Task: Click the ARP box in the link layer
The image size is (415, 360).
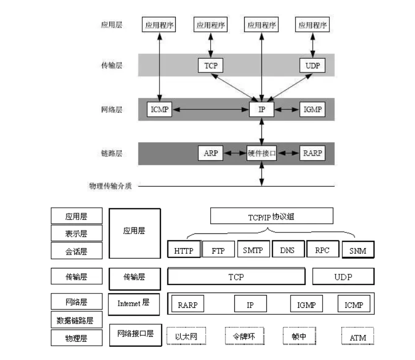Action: point(210,153)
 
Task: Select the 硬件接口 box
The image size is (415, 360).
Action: point(261,153)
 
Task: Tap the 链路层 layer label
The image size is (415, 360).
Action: point(111,154)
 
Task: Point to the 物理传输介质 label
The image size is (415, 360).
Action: point(111,186)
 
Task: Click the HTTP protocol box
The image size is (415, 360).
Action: point(184,250)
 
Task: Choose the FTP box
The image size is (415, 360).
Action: point(218,250)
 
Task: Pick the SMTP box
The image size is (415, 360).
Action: point(253,250)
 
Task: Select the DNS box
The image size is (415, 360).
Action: point(287,250)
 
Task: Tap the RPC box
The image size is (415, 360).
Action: point(322,250)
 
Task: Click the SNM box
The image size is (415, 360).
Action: point(357,250)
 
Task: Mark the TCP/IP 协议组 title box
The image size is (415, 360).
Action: point(272,216)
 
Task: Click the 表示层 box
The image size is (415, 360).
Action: point(76,233)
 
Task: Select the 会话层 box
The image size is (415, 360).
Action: point(76,251)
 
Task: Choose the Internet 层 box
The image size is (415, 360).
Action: point(134,303)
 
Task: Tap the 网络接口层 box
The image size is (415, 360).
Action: point(135,333)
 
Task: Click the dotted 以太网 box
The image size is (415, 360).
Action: point(186,337)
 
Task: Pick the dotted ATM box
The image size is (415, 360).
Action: point(357,338)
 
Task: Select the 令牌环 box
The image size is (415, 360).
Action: point(245,337)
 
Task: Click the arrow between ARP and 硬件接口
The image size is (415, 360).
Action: point(234,154)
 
